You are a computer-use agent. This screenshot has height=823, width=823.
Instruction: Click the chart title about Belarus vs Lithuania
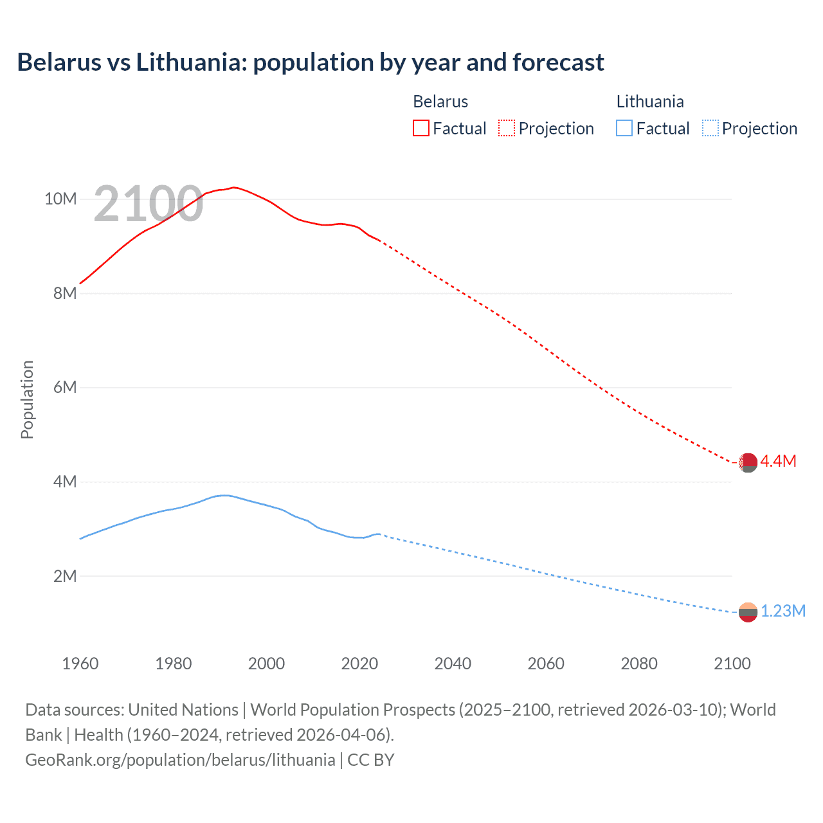point(311,62)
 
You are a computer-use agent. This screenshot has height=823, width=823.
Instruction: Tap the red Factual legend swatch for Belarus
point(421,128)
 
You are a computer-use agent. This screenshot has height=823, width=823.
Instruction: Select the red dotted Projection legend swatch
point(507,128)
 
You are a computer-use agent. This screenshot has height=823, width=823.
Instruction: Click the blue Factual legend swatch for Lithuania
point(624,128)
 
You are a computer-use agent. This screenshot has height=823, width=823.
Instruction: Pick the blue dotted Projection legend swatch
point(710,128)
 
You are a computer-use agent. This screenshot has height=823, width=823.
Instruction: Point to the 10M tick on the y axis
point(60,199)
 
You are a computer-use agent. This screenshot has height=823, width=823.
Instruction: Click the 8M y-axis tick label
point(64,293)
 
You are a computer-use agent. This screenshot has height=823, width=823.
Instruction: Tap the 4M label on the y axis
point(64,482)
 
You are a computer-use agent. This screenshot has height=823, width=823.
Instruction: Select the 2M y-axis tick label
point(64,576)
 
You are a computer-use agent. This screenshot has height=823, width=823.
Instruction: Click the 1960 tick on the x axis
point(80,664)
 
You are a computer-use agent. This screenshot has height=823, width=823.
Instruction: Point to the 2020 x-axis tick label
point(359,664)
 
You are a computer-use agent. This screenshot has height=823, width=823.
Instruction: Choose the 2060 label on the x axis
point(546,664)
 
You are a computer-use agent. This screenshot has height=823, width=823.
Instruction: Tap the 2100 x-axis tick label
point(732,664)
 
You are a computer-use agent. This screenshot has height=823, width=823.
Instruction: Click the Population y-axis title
point(27,399)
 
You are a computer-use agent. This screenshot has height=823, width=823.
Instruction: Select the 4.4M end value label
point(778,461)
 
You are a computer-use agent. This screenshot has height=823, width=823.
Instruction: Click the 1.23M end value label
point(782,611)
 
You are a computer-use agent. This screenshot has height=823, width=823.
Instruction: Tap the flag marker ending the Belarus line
point(747,462)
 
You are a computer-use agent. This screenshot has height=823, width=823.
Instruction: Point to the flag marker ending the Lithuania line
point(748,612)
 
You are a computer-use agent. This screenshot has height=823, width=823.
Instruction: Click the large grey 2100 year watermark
point(149,204)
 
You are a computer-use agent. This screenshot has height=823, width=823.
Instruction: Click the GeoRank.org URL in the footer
point(180,760)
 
